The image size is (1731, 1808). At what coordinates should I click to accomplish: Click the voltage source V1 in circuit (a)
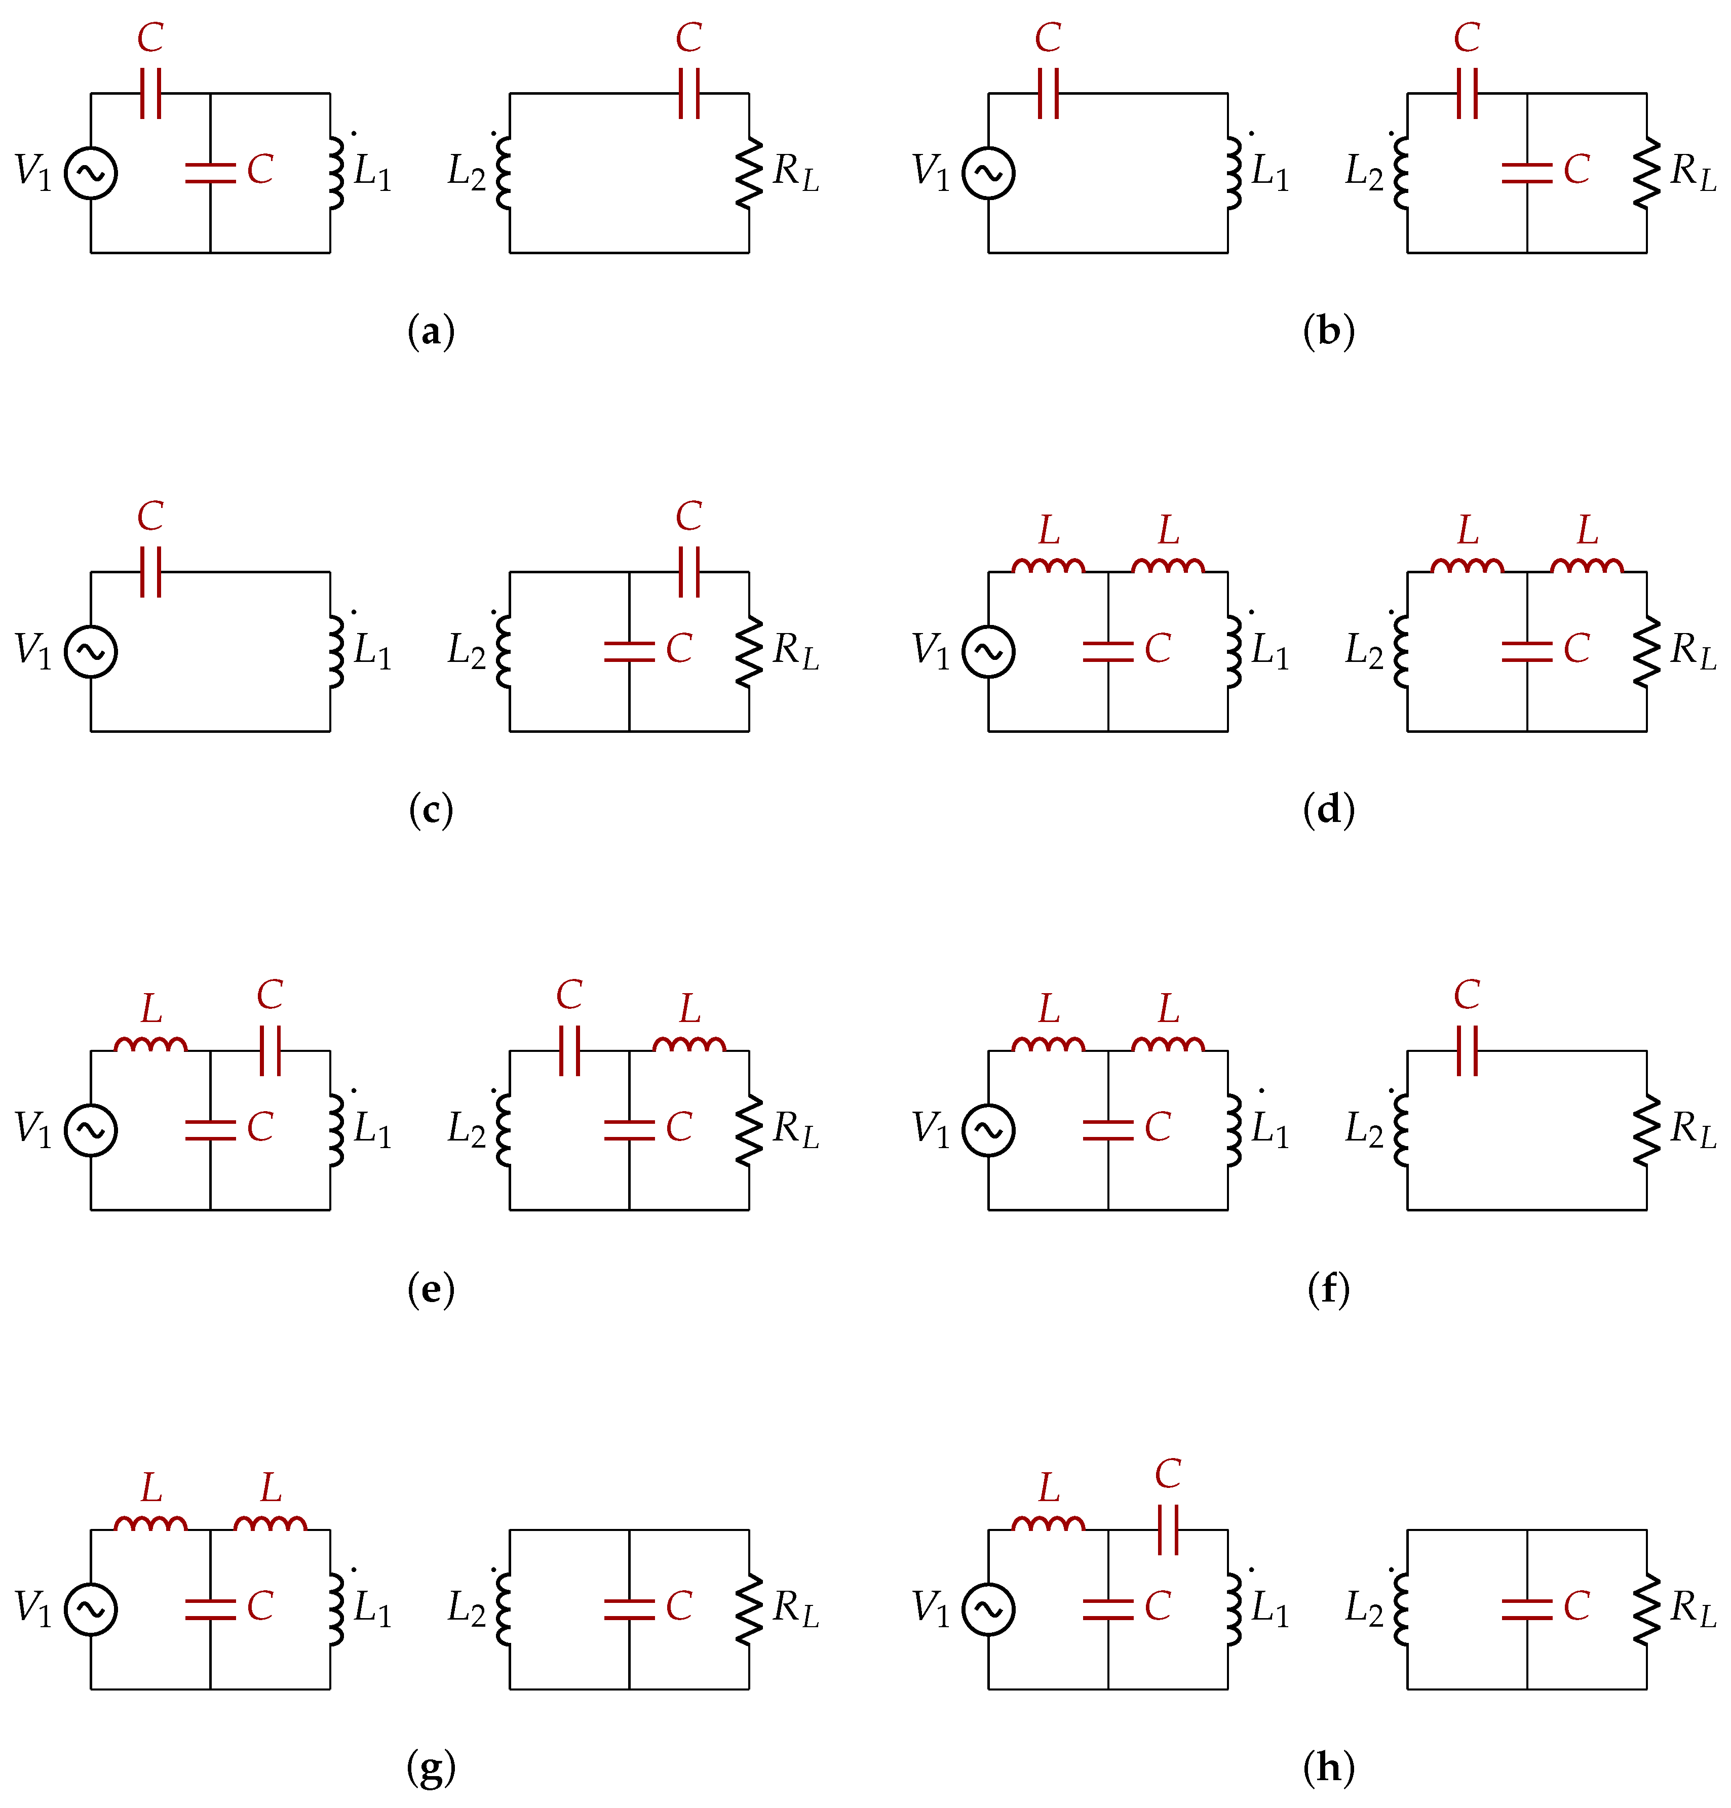coord(90,173)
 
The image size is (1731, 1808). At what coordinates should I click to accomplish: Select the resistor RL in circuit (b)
coord(1646,173)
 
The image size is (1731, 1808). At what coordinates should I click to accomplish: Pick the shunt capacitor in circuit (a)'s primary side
coord(210,173)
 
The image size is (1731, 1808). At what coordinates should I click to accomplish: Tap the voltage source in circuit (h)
coord(988,1609)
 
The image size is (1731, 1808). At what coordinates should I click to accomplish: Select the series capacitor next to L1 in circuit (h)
coord(1168,1530)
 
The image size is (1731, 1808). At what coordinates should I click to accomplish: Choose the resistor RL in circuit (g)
coord(748,1609)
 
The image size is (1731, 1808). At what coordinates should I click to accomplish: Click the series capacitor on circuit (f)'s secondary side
coord(1467,1051)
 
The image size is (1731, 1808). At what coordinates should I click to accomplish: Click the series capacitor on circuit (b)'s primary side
coord(1048,93)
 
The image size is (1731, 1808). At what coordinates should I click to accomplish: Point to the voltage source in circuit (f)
coord(988,1130)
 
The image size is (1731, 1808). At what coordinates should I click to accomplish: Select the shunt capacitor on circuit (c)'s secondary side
coord(629,651)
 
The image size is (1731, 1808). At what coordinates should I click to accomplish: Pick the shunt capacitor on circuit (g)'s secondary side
coord(629,1609)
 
